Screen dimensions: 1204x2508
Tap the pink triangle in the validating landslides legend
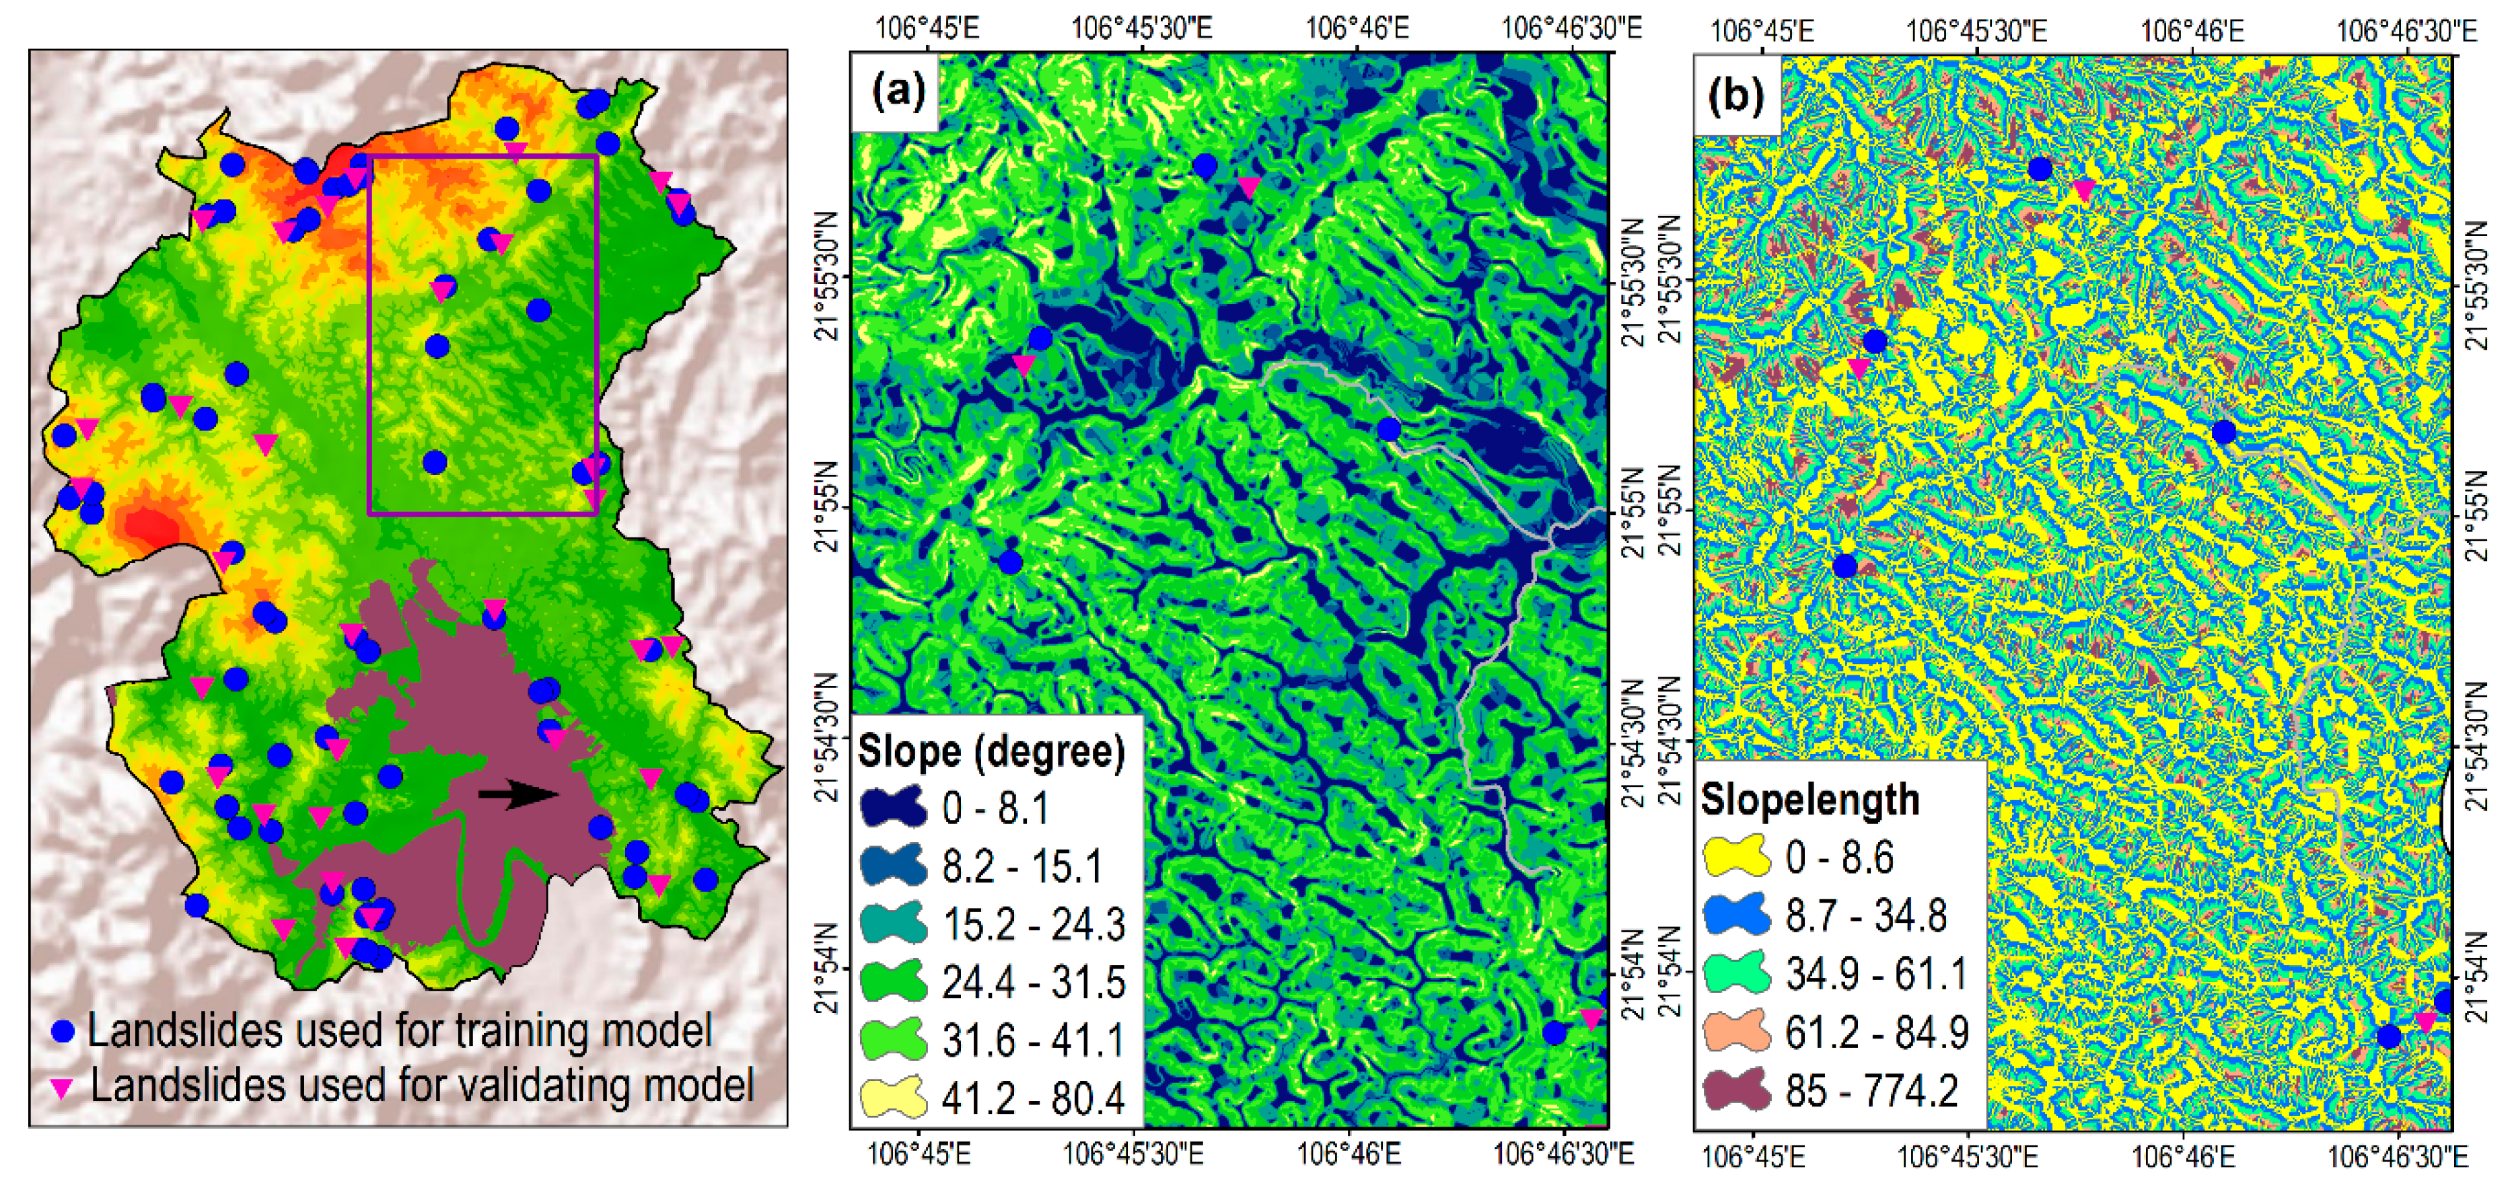tap(63, 1088)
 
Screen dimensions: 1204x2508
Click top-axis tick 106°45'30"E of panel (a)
tap(1141, 28)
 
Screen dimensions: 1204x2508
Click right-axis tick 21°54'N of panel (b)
tap(2482, 973)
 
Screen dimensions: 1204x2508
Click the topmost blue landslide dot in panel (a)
tap(1205, 165)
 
